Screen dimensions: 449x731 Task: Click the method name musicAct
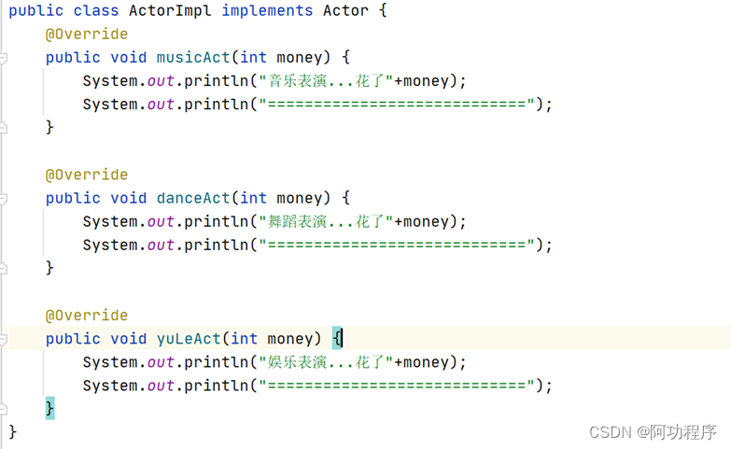(193, 58)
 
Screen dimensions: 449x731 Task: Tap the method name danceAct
(193, 198)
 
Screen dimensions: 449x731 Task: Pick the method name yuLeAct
(189, 338)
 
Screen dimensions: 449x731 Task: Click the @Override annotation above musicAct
(87, 35)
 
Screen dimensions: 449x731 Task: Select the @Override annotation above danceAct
(87, 175)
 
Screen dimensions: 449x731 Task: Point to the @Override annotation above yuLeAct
(87, 316)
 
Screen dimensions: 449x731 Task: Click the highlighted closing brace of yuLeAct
(50, 408)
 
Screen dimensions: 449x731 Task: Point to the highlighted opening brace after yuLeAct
(338, 338)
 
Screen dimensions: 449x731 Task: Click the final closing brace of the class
(13, 431)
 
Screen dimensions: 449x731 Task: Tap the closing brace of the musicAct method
(50, 127)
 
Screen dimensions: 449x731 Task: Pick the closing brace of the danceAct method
(50, 268)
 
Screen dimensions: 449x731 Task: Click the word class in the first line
(92, 11)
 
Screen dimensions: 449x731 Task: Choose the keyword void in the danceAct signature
(129, 198)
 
